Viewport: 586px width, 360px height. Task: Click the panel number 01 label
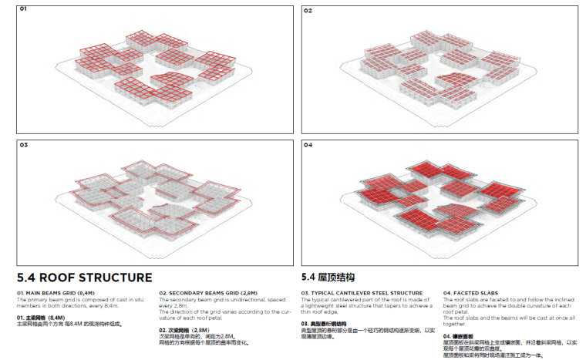click(x=23, y=10)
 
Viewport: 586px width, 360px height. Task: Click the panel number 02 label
click(x=308, y=10)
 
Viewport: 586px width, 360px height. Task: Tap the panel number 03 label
click(x=23, y=144)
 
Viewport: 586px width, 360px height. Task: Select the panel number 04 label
click(x=308, y=144)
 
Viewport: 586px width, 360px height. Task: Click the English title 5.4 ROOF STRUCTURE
click(x=85, y=278)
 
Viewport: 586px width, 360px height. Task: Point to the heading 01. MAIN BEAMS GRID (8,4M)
click(x=56, y=294)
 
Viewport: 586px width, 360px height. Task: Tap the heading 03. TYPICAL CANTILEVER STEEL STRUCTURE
click(x=362, y=294)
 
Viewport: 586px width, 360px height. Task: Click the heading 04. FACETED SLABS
click(x=473, y=294)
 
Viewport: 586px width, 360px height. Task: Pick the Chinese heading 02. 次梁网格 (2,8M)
click(x=184, y=330)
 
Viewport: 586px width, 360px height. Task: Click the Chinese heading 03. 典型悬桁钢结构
click(x=324, y=324)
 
